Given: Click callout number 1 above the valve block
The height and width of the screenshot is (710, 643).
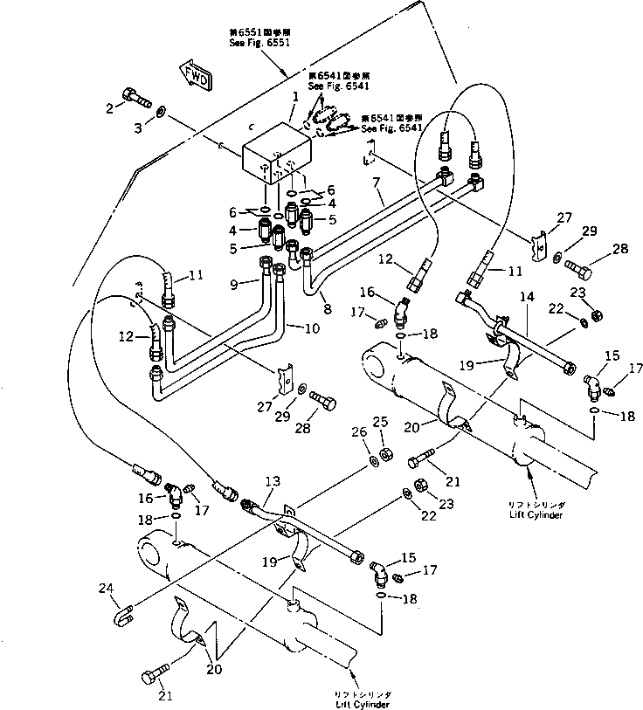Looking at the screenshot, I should (296, 97).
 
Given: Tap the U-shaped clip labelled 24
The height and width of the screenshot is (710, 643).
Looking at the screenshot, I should (123, 616).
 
